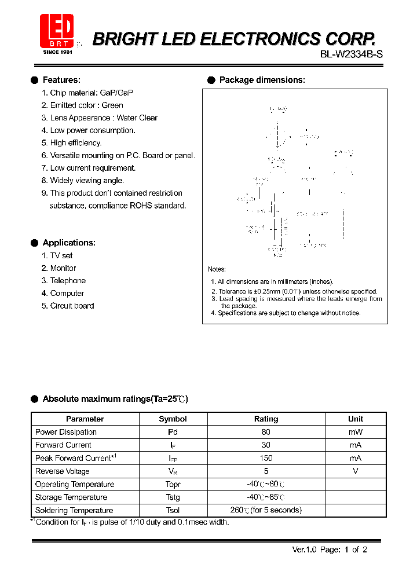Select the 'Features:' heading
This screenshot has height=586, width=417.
tap(61, 80)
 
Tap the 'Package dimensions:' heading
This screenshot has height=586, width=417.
tap(262, 80)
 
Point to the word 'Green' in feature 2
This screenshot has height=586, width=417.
tap(112, 105)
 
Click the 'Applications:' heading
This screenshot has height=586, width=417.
tap(69, 243)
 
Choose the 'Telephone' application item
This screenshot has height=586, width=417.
tap(68, 281)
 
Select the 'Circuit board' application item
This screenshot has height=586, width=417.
tap(72, 306)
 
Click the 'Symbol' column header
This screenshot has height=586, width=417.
tap(173, 419)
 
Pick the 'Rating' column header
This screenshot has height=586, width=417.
tap(266, 419)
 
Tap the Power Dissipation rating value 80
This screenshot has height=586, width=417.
tap(266, 432)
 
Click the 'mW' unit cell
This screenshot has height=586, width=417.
tap(356, 432)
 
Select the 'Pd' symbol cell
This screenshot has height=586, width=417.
tap(173, 432)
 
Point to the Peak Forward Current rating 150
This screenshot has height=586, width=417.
tap(266, 458)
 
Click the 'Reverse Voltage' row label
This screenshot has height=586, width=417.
tap(62, 471)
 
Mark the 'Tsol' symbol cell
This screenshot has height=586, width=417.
tap(173, 510)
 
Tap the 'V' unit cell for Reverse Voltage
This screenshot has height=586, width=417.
tap(356, 471)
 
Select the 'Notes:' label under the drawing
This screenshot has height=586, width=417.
tap(217, 269)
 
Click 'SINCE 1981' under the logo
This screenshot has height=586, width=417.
tap(57, 52)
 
